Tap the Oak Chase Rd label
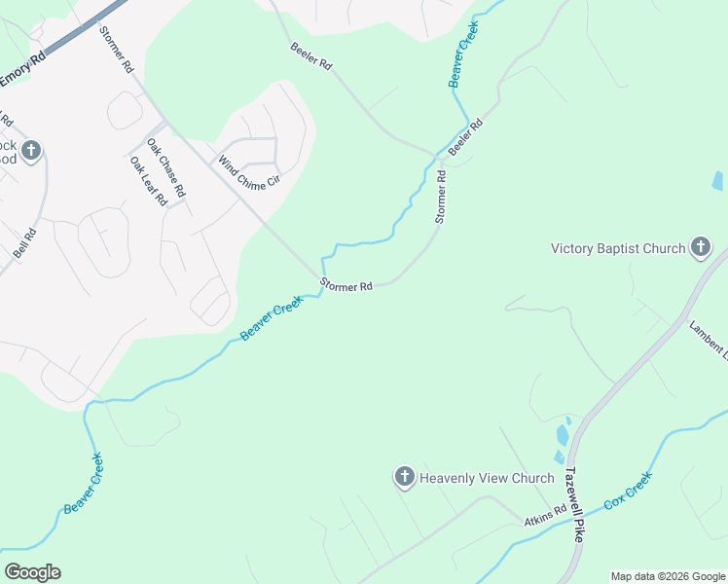165,163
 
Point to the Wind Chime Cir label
248,172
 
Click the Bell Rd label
24,242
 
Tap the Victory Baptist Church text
618,248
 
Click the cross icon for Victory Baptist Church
700,247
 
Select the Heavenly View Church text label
486,478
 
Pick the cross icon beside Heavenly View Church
404,477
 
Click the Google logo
32,572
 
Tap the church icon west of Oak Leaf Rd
31,150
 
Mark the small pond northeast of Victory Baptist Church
717,180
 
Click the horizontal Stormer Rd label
346,286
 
